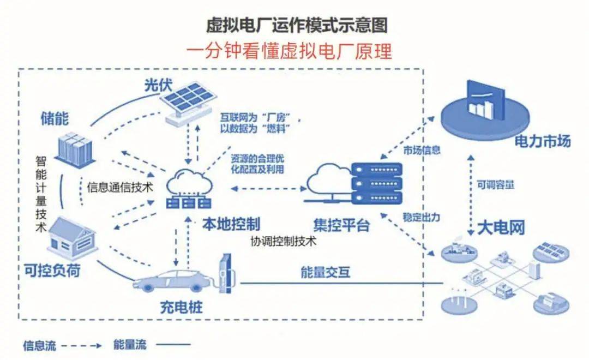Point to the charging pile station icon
(226, 272)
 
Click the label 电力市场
(543, 142)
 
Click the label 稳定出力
(422, 217)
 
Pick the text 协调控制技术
(283, 241)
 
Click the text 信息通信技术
(120, 188)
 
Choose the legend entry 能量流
(130, 345)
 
